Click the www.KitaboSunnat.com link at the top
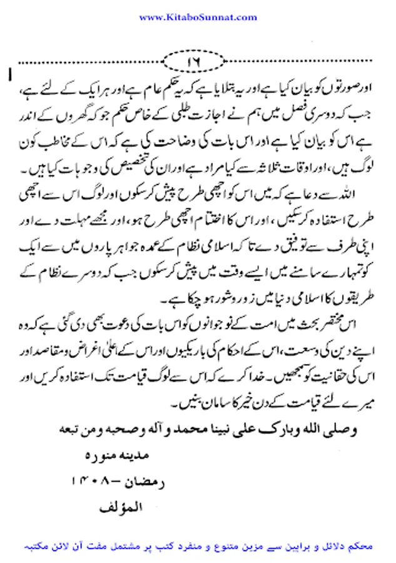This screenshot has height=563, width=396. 197,18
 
